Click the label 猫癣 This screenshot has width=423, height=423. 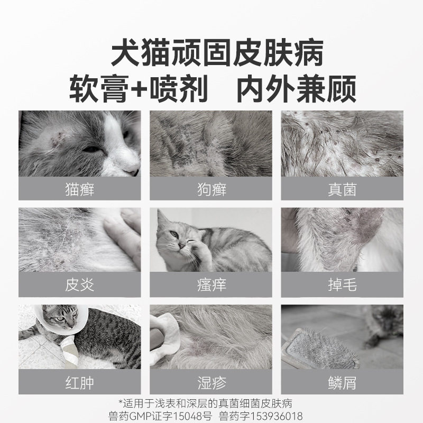pyautogui.click(x=79, y=189)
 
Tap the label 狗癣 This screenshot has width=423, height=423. pyautogui.click(x=211, y=189)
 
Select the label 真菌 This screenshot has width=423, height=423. pyautogui.click(x=342, y=189)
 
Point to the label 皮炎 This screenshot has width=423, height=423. pyautogui.click(x=79, y=286)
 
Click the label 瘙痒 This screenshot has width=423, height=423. pyautogui.click(x=211, y=286)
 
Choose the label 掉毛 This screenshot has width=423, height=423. pyautogui.click(x=342, y=286)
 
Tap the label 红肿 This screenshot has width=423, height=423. pyautogui.click(x=79, y=382)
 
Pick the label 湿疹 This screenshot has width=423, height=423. pyautogui.click(x=211, y=382)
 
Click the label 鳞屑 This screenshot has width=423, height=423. pyautogui.click(x=342, y=382)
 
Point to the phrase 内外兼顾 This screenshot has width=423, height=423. pyautogui.click(x=295, y=89)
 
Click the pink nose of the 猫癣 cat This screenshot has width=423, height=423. pyautogui.click(x=132, y=170)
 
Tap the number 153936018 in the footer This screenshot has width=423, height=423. pyautogui.click(x=274, y=416)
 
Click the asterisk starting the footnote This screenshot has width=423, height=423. pyautogui.click(x=121, y=403)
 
